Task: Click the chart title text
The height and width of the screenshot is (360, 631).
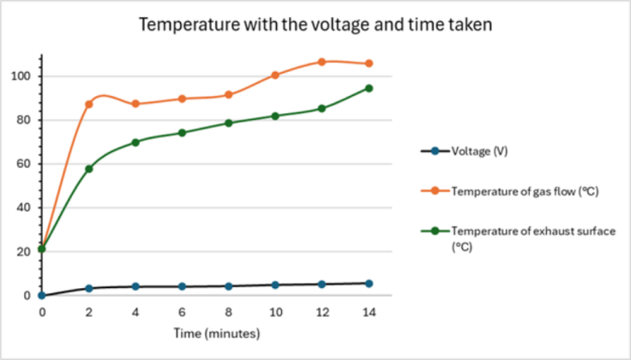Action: (x=315, y=25)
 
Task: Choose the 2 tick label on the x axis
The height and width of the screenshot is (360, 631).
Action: (x=88, y=313)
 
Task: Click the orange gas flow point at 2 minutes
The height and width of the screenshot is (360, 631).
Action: (x=88, y=105)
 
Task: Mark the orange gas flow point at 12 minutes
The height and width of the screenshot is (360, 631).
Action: (x=322, y=62)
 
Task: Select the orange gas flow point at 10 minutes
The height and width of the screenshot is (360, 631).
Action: (x=275, y=75)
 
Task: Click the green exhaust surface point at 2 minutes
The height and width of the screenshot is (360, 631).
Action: (x=88, y=169)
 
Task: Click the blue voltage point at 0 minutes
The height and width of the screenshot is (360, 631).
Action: (x=42, y=296)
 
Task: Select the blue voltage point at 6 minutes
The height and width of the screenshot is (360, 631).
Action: (x=182, y=286)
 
